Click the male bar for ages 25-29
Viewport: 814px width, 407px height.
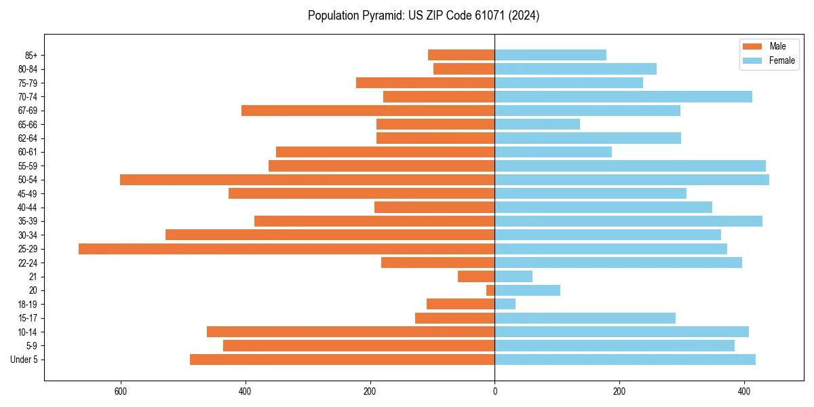tap(286, 249)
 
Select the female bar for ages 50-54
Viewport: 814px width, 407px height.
tap(632, 180)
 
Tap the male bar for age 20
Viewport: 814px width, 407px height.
tap(490, 290)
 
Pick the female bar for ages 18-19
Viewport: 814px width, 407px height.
tap(505, 304)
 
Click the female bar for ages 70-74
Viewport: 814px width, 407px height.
tap(623, 96)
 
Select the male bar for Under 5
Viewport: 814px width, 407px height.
tap(342, 360)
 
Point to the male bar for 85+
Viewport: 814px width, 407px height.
tap(461, 55)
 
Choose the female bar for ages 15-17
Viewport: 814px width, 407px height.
tap(585, 318)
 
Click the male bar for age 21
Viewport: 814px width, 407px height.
tap(476, 277)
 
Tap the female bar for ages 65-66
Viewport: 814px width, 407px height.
tap(537, 124)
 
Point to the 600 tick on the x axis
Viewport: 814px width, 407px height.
tap(121, 391)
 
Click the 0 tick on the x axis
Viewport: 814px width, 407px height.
tap(495, 391)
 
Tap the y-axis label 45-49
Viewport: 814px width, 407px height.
tap(28, 193)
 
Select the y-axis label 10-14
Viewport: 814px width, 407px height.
tap(28, 332)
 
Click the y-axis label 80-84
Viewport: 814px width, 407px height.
tap(28, 69)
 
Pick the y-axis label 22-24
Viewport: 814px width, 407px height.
tap(28, 263)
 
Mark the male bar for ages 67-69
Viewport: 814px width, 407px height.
tap(368, 111)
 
